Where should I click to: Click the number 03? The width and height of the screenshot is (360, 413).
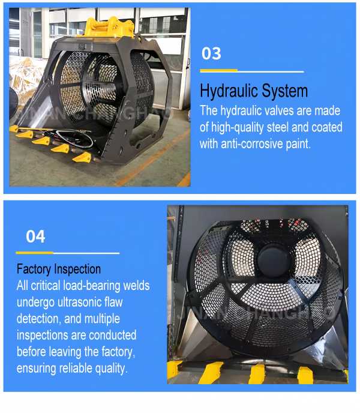211,53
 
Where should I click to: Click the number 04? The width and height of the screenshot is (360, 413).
35,237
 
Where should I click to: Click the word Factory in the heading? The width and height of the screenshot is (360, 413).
34,270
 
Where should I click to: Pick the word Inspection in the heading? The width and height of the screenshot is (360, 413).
77,270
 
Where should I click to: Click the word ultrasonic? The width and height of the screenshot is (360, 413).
79,302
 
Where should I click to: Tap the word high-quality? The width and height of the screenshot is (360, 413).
237,127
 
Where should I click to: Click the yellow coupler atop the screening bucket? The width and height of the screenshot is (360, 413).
109,27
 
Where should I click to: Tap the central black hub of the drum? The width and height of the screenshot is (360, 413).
274,259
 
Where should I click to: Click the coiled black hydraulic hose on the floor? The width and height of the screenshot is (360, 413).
74,138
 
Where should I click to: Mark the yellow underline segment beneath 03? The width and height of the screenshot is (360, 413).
219,71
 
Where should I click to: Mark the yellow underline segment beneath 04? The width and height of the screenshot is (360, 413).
34,253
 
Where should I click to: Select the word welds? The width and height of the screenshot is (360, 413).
136,286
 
